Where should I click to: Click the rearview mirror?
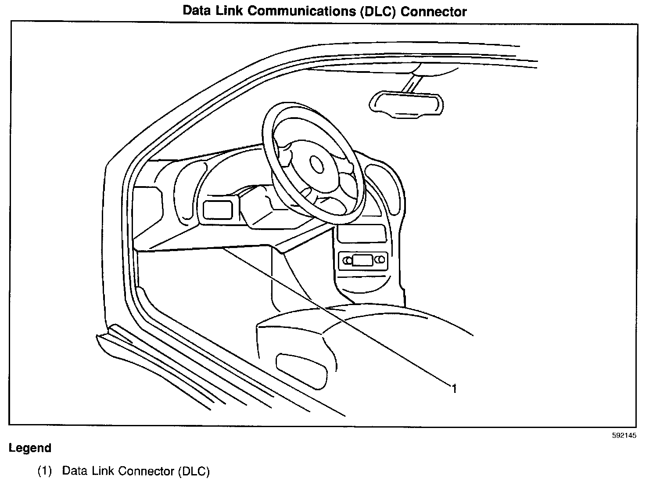point(406,104)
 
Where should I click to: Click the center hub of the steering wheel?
point(317,164)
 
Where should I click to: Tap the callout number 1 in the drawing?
point(455,388)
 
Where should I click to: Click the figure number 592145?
point(624,435)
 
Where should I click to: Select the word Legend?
point(30,448)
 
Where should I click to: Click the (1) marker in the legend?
point(44,471)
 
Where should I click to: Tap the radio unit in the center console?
point(362,260)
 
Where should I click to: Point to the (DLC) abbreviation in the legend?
point(194,471)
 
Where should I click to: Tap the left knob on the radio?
point(347,260)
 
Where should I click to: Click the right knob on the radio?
point(380,260)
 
